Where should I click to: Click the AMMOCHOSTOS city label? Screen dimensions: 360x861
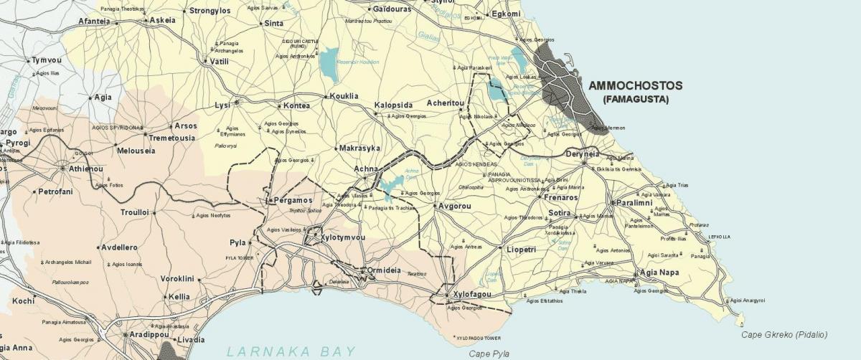pos(636,85)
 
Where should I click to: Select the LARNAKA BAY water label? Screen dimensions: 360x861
pos(291,351)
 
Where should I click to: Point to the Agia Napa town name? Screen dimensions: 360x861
pos(659,273)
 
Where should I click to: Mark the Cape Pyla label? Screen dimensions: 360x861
pos(489,354)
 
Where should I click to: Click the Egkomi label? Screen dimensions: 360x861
pos(506,14)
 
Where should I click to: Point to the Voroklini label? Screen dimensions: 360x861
pos(177,278)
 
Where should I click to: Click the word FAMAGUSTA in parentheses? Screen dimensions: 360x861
pos(636,98)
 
